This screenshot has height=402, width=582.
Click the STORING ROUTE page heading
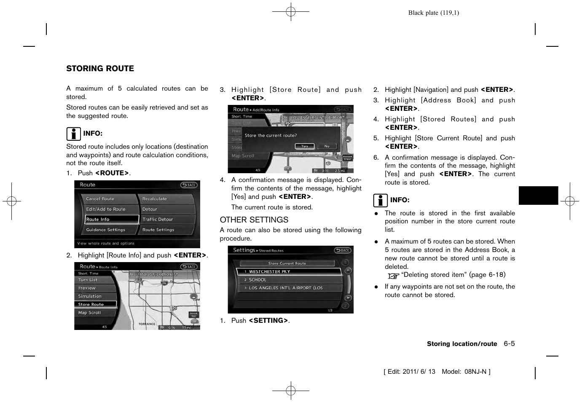tap(100, 69)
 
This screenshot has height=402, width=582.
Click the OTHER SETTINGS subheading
tap(254, 220)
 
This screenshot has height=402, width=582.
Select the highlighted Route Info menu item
tap(112, 220)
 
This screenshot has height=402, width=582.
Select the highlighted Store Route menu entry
tap(95, 304)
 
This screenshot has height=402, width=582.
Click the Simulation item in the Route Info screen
tap(95, 296)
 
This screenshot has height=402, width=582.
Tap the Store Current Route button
tap(287, 263)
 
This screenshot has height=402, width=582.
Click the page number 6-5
tap(509, 344)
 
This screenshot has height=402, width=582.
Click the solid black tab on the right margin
tap(538, 196)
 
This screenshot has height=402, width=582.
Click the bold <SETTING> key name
tap(268, 321)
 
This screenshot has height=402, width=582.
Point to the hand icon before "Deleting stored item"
tap(393, 276)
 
